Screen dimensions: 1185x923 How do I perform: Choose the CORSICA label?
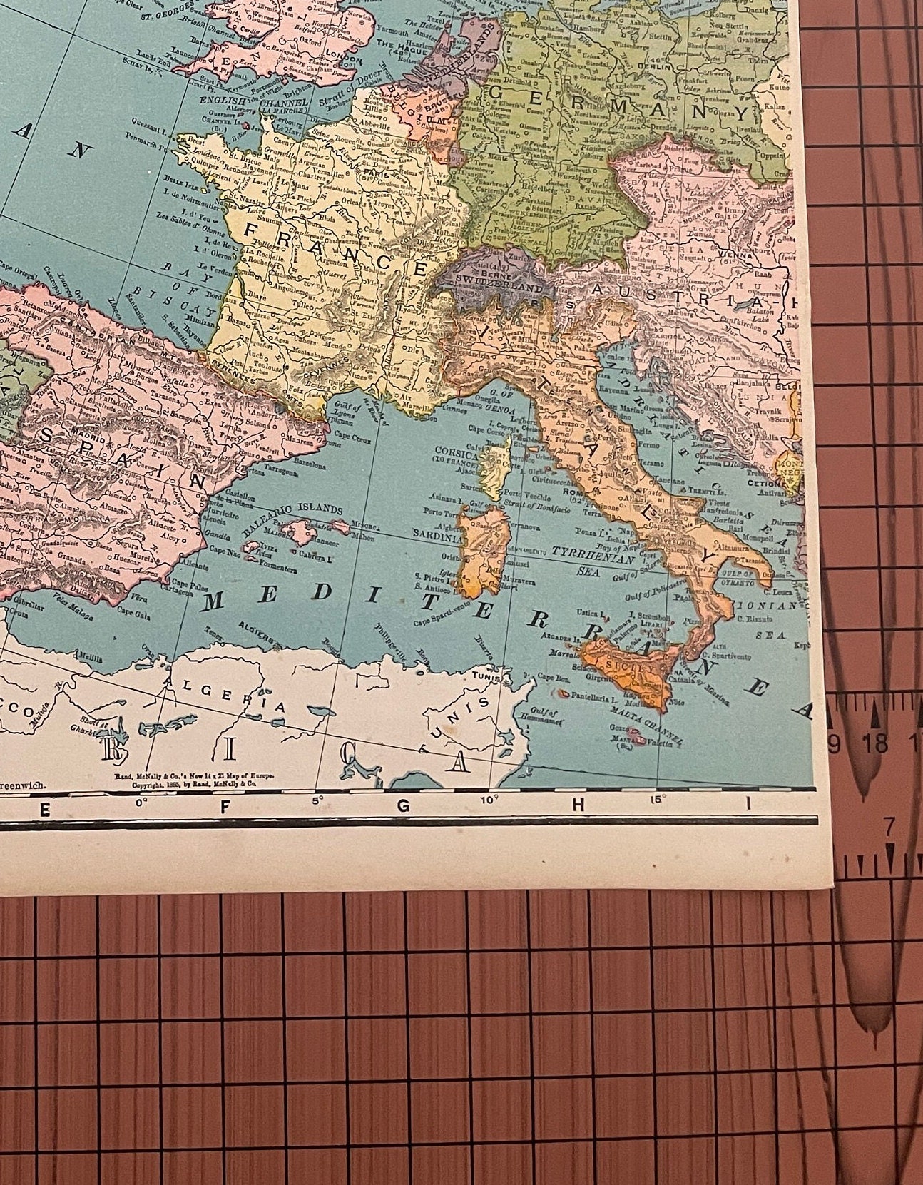457,454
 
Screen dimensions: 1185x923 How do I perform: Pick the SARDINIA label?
437,533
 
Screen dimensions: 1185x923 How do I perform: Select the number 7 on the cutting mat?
889,827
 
